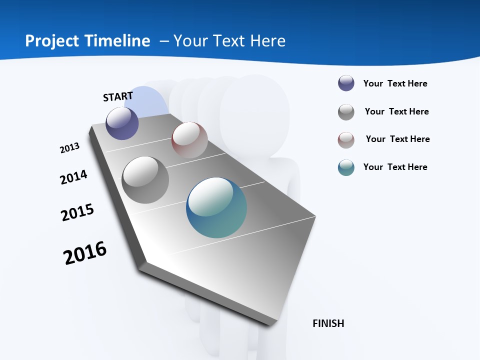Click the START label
pyautogui.click(x=118, y=96)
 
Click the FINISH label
pyautogui.click(x=328, y=323)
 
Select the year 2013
pyautogui.click(x=69, y=148)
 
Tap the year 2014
pyautogui.click(x=73, y=177)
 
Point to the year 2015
pyautogui.click(x=77, y=212)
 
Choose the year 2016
pyautogui.click(x=85, y=252)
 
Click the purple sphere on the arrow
pyautogui.click(x=122, y=123)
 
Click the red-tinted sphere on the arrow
pyautogui.click(x=189, y=139)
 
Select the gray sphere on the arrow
pyautogui.click(x=145, y=180)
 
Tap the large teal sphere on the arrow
pyautogui.click(x=216, y=207)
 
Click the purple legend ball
pyautogui.click(x=346, y=83)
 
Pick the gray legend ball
pyautogui.click(x=346, y=111)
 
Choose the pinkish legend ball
pyautogui.click(x=346, y=139)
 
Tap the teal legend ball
pyautogui.click(x=346, y=167)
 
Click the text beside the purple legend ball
pyautogui.click(x=395, y=83)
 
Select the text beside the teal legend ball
pyautogui.click(x=395, y=167)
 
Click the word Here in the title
pyautogui.click(x=267, y=41)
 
